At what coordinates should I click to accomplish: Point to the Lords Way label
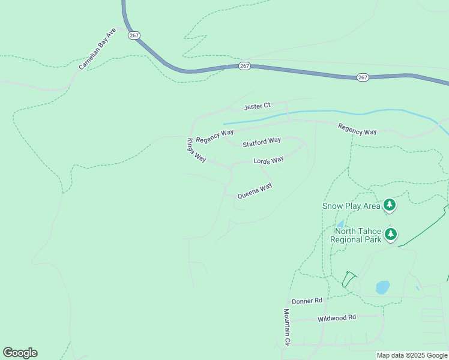[x=268, y=161]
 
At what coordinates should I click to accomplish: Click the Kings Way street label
[x=196, y=151]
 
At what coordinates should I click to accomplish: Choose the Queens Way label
[x=255, y=191]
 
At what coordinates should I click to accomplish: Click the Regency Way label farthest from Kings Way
[x=357, y=128]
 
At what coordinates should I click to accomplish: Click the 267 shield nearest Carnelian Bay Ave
[x=133, y=35]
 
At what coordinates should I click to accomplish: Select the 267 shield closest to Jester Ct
[x=244, y=65]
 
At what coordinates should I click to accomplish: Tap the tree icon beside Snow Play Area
[x=390, y=206]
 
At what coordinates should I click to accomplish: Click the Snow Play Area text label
[x=351, y=206]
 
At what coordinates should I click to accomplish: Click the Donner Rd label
[x=307, y=301]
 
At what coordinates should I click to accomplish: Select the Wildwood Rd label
[x=337, y=317]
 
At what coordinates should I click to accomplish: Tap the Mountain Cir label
[x=287, y=327]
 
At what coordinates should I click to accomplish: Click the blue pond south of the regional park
[x=382, y=287]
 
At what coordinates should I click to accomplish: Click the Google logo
[x=20, y=353]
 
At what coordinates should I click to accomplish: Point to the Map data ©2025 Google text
[x=412, y=355]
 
